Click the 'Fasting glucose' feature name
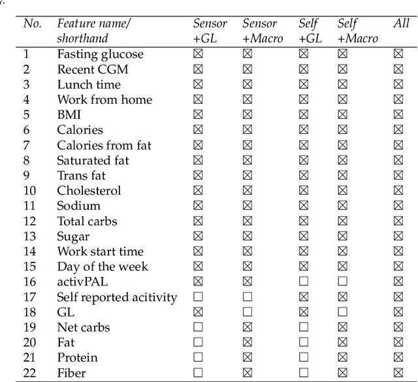pos(100,54)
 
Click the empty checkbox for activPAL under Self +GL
pos(304,282)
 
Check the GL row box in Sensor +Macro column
pos(248,312)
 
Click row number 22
pos(29,373)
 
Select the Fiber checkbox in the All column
pos(398,373)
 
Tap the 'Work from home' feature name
pos(104,100)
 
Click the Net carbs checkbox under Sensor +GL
pos(198,327)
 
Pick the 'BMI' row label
pos(69,115)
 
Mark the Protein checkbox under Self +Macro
pos(343,358)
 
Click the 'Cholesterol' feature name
pos(89,191)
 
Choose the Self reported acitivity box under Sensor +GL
pos(198,297)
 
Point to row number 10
pos(29,191)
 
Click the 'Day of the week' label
pos(103,266)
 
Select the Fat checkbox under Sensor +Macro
pos(248,343)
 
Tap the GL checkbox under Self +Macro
pos(343,312)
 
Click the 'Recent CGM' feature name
pos(92,69)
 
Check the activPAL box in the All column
pos(398,282)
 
